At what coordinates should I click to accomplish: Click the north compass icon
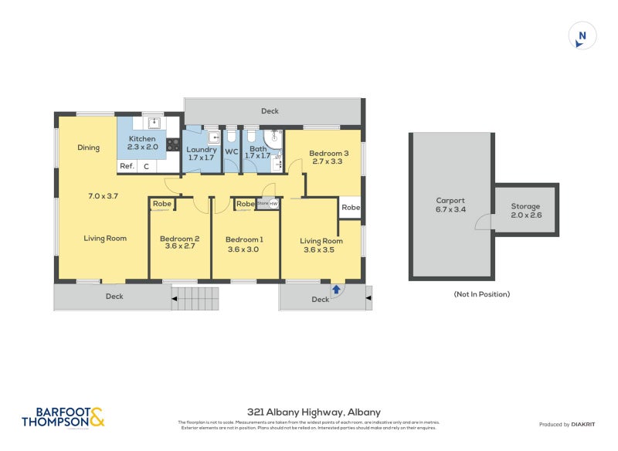582,36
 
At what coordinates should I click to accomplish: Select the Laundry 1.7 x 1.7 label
201,153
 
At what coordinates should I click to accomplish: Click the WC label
232,151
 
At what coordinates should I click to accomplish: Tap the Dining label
88,148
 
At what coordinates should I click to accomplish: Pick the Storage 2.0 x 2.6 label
525,211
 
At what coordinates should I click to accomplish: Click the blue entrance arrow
336,290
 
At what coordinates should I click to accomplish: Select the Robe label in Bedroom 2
161,204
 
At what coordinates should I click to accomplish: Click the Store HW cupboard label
267,204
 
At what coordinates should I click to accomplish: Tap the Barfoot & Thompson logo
62,418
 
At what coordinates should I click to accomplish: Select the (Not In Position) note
481,294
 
